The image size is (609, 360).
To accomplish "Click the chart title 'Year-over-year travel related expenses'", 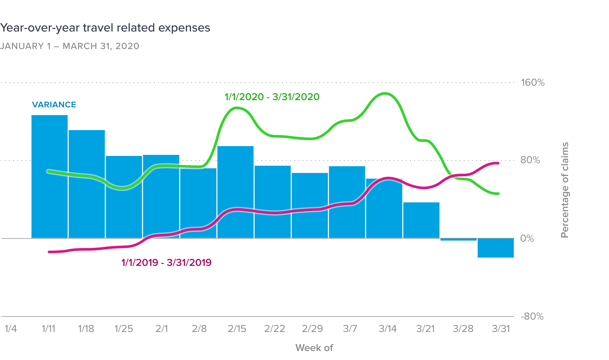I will tap(105, 28).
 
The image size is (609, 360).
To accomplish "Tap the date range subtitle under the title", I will tap(70, 46).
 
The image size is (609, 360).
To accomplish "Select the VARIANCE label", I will tap(54, 105).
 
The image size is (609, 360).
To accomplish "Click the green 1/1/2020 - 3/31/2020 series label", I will tap(272, 97).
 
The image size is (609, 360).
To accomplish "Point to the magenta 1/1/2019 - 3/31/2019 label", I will tap(166, 263).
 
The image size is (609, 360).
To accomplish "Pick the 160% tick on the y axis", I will tap(533, 83).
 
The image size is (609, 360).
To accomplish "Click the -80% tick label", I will tap(532, 316).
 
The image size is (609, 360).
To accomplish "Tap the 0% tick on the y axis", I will tap(527, 238).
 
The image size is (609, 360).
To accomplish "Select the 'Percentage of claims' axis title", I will tap(565, 190).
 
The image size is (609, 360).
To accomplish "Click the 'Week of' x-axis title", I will tap(314, 348).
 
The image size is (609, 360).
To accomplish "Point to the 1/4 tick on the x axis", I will tap(11, 329).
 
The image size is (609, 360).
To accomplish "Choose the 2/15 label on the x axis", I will tap(237, 329).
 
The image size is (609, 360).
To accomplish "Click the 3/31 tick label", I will tap(501, 329).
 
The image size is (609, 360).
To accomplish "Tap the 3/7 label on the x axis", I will tap(350, 329).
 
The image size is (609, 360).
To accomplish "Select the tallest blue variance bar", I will tap(50, 176).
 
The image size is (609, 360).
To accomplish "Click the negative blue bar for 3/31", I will tap(495, 248).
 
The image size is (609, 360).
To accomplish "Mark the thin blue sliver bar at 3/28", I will tap(458, 239).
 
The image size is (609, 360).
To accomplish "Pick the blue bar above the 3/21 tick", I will tap(421, 220).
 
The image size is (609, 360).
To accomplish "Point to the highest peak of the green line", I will tap(385, 93).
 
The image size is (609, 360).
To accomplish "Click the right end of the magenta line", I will tap(498, 163).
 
